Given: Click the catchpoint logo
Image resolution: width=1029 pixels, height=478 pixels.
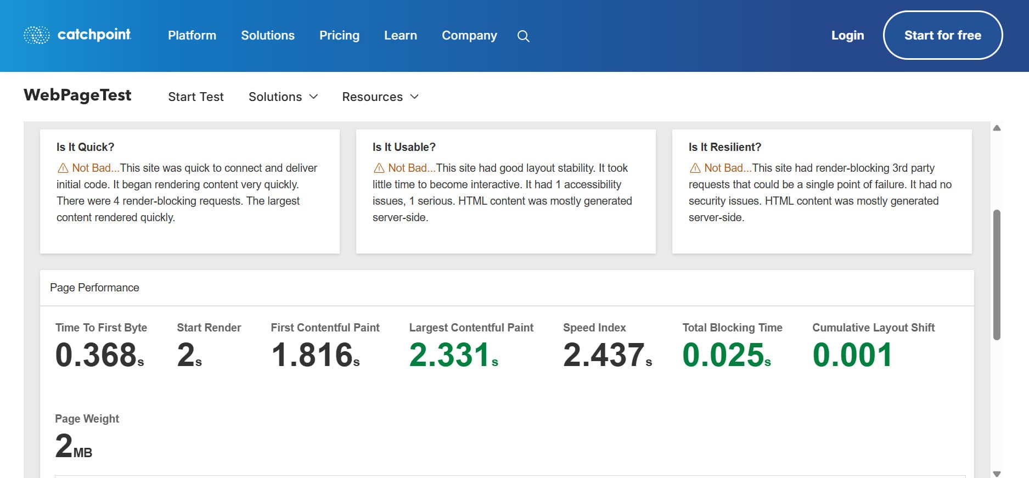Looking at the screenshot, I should click(77, 35).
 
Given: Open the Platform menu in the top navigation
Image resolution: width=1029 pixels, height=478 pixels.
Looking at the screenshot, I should click(192, 35).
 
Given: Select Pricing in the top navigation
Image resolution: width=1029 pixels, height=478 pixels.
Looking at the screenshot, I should click(339, 35).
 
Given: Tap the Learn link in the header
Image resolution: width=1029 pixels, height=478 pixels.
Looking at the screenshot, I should click(401, 35).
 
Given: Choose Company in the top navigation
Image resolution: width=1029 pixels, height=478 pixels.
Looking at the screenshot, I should click(469, 35).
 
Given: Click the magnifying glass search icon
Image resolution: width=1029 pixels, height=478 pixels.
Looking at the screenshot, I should click(524, 36).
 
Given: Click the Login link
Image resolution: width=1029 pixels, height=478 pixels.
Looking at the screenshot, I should click(847, 35).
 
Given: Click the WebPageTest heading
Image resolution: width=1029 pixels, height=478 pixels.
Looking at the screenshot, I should click(77, 95).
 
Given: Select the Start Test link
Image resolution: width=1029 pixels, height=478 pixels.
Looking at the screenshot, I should click(196, 97).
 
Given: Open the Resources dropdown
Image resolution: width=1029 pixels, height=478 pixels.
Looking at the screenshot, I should click(380, 97).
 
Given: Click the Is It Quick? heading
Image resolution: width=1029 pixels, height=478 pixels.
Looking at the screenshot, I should click(86, 147).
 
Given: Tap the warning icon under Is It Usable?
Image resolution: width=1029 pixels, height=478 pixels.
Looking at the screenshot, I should click(379, 168).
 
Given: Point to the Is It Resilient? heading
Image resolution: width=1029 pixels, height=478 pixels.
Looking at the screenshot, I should click(725, 147).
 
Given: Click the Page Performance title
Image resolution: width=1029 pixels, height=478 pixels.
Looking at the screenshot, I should click(94, 288).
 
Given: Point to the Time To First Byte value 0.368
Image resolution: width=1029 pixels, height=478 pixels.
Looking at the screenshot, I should click(97, 355).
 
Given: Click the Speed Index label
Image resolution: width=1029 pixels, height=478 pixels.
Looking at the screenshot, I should click(594, 328).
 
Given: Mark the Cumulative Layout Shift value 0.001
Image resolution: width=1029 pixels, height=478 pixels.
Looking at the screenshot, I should click(852, 355).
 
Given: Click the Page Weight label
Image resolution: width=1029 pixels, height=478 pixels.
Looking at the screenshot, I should click(87, 419).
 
